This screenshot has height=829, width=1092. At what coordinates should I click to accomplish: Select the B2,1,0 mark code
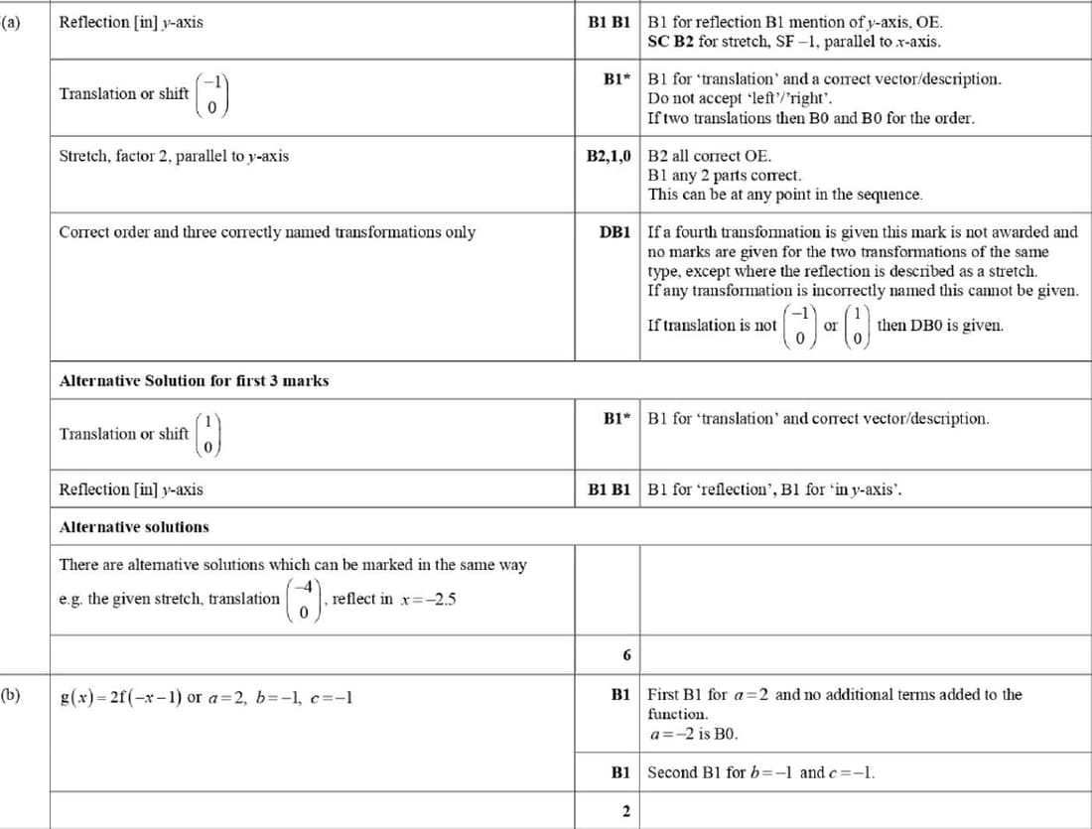[x=609, y=156]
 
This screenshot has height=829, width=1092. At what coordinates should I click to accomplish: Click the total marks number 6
[x=625, y=655]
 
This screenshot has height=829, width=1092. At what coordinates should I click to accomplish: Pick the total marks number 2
[x=625, y=811]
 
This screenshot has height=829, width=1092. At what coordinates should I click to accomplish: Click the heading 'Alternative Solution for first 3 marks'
[x=194, y=380]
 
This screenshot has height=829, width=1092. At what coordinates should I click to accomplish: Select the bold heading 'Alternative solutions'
[x=134, y=526]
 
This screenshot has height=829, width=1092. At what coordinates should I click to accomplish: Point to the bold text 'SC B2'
[x=671, y=42]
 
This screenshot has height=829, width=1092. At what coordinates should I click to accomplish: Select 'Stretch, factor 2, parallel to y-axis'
[x=174, y=156]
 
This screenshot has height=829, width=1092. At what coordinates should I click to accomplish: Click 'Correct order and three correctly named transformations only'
[x=267, y=232]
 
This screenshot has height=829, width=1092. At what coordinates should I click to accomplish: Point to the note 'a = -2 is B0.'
[x=693, y=735]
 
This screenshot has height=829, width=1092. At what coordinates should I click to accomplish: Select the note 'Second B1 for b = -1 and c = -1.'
[x=761, y=772]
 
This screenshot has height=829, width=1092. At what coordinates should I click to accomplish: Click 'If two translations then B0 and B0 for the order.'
[x=810, y=117]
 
